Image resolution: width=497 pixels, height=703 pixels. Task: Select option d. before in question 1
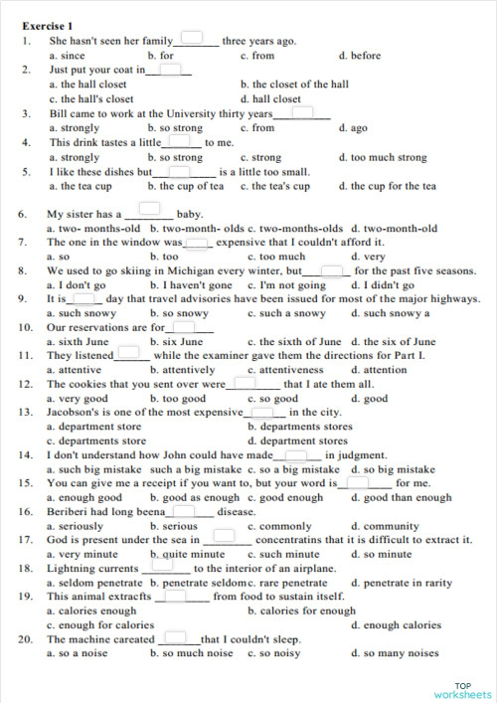(359, 56)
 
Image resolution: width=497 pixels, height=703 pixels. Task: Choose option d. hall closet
(270, 99)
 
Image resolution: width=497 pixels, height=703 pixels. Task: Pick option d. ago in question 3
(353, 128)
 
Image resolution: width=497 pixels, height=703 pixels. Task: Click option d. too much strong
(383, 157)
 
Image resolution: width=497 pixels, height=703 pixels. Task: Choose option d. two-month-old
(394, 229)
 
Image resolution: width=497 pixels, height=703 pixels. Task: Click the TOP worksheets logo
(462, 689)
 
